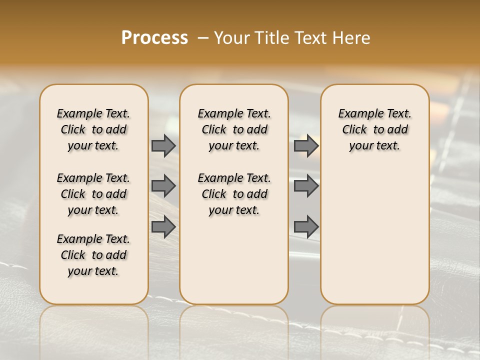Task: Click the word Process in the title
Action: coord(154,38)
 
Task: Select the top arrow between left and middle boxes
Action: coord(163,145)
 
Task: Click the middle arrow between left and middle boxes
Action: coord(163,186)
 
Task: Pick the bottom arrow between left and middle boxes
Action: coord(163,227)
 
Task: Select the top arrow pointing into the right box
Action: coord(306,145)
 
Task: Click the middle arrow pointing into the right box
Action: coord(306,186)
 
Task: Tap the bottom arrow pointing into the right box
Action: coord(306,227)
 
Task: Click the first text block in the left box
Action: coord(93,129)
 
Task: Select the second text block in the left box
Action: coord(93,194)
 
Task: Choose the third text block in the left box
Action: coord(93,255)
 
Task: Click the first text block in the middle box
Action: coord(234,129)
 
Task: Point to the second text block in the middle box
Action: coord(234,194)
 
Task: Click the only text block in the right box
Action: coord(374,129)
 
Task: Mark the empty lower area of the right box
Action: coord(374,235)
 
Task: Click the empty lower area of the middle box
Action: coord(234,260)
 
